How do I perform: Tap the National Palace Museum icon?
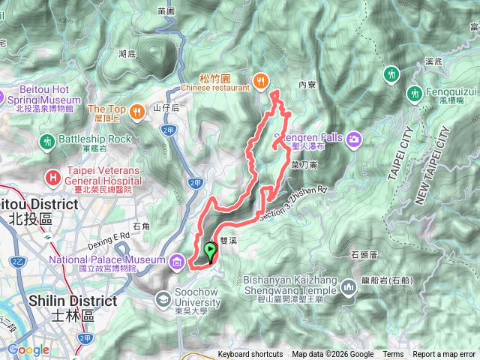click(176, 261)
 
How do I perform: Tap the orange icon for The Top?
click(136, 112)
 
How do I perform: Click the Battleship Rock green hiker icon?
click(48, 140)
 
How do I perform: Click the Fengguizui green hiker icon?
click(414, 93)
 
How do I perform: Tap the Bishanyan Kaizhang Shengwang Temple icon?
click(348, 287)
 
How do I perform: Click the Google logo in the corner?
click(28, 349)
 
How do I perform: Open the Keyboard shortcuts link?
click(250, 355)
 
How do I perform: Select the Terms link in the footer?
click(393, 355)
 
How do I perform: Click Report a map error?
click(445, 355)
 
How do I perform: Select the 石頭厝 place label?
click(364, 255)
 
